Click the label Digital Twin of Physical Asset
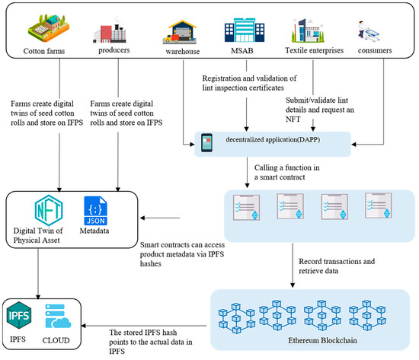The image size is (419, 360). pyautogui.click(x=41, y=237)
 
